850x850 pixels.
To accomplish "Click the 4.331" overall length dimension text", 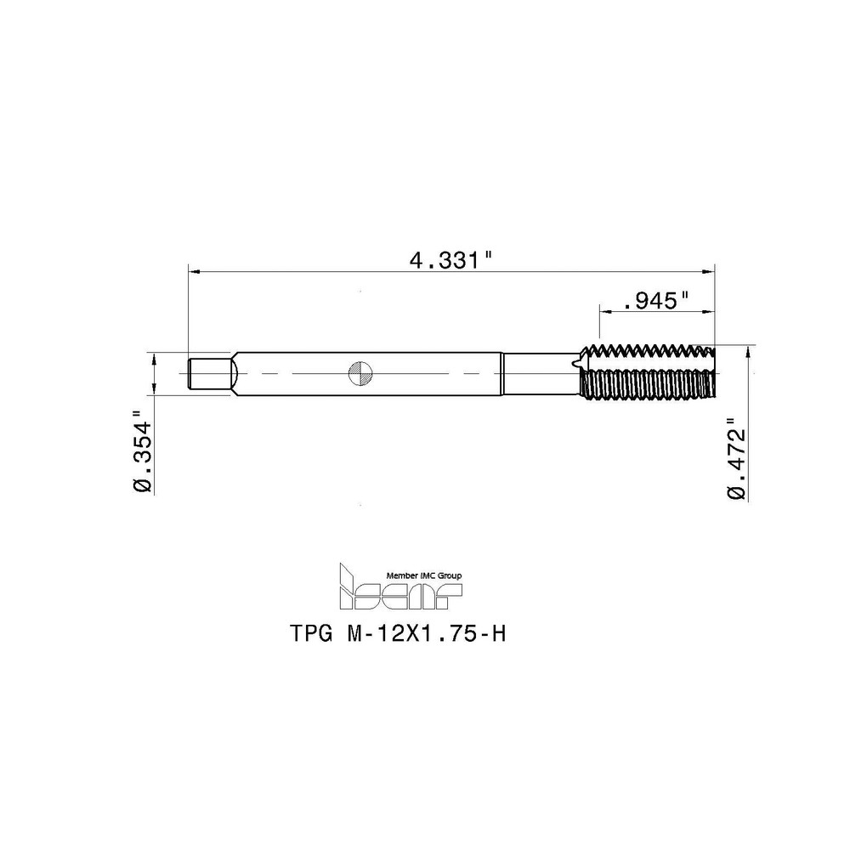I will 451,258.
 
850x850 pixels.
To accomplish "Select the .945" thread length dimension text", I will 655,300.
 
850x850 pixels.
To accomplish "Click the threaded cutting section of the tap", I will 647,371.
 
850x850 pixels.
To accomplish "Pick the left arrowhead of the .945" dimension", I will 606,312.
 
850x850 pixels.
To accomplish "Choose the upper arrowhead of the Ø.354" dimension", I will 154,358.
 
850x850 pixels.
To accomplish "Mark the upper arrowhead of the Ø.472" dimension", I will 747,350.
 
